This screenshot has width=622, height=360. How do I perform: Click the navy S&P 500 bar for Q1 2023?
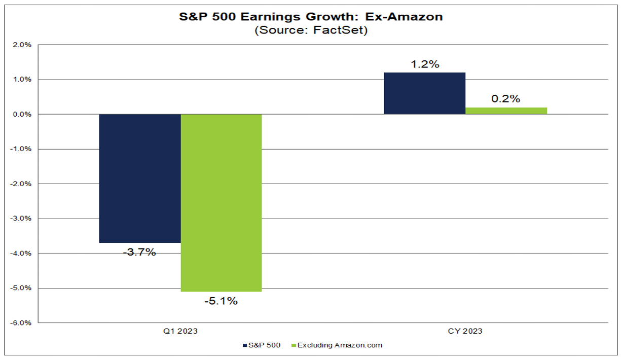tap(139, 178)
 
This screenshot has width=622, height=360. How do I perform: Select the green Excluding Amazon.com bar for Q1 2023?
tap(221, 203)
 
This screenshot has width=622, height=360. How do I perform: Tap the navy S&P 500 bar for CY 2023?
tap(424, 93)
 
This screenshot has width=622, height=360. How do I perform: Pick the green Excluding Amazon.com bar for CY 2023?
tap(506, 111)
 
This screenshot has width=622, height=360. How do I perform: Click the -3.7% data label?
tap(139, 252)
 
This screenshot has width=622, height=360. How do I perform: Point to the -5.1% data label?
tap(221, 301)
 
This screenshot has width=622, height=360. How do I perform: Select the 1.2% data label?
tap(425, 64)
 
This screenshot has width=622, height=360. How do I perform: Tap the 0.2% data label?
tap(505, 99)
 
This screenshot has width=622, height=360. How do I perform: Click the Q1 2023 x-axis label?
tap(180, 331)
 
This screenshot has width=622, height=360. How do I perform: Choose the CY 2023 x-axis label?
tap(465, 331)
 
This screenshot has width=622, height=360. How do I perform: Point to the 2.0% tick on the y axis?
tap(23, 45)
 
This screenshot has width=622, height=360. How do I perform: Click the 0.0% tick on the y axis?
tap(23, 114)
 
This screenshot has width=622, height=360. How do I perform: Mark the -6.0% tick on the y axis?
tap(22, 323)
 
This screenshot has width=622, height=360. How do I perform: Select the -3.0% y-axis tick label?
tap(22, 219)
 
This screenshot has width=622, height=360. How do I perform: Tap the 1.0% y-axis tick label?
tap(23, 80)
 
